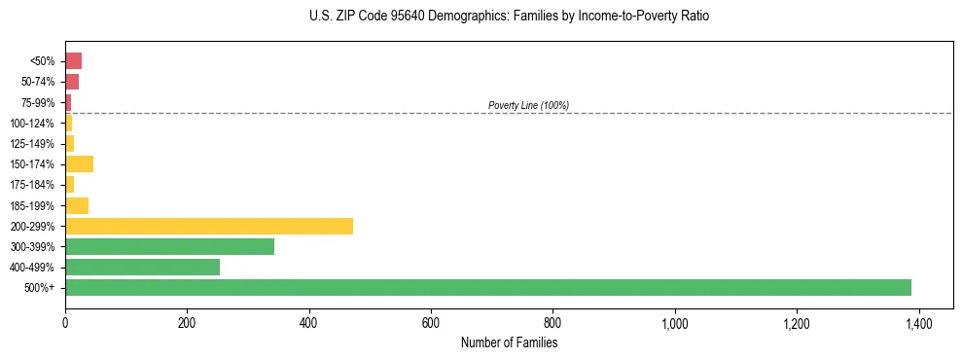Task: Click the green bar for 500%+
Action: (488, 288)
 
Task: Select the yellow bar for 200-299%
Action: (209, 226)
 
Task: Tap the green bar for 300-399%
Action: (170, 247)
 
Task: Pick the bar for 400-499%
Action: (143, 268)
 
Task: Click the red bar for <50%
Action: (74, 61)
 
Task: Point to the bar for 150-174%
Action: (80, 164)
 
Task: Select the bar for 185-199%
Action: (77, 205)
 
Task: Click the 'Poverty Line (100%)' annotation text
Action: (528, 105)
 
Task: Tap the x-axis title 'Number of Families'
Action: (509, 343)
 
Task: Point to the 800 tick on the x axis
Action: (552, 322)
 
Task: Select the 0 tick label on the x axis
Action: (65, 322)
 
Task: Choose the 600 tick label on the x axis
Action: (431, 322)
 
